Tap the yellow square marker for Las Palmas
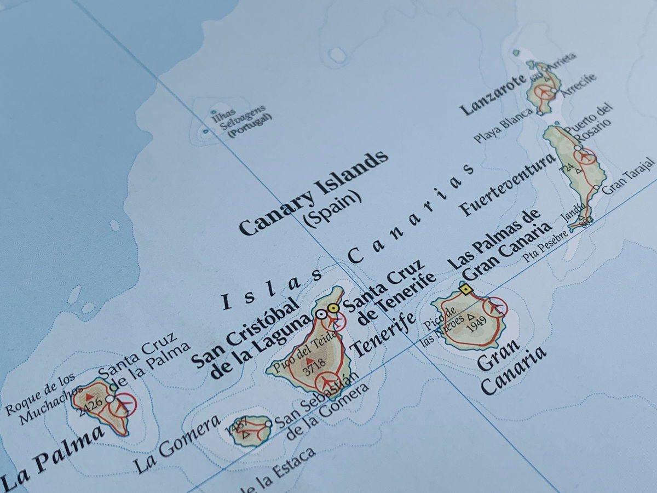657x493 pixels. point(466,289)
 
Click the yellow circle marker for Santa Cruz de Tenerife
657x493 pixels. point(333,308)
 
